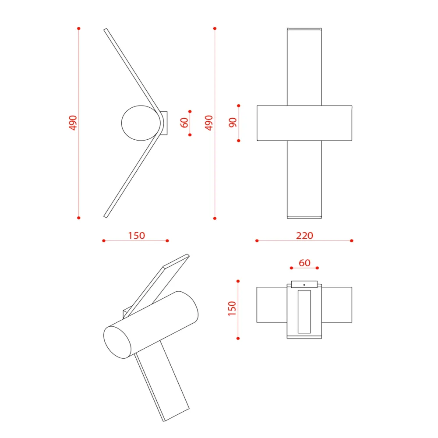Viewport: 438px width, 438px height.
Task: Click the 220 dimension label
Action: tap(304, 236)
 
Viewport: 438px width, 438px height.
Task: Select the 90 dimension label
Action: tap(233, 123)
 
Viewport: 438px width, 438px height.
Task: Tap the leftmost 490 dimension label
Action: tap(73, 123)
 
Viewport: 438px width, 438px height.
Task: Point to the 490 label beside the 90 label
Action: tap(209, 123)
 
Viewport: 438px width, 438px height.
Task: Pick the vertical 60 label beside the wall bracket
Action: tap(184, 123)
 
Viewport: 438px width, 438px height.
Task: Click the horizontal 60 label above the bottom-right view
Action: tap(304, 263)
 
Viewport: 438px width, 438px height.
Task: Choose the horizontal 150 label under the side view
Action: tap(136, 236)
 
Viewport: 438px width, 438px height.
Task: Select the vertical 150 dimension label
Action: tap(232, 309)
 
